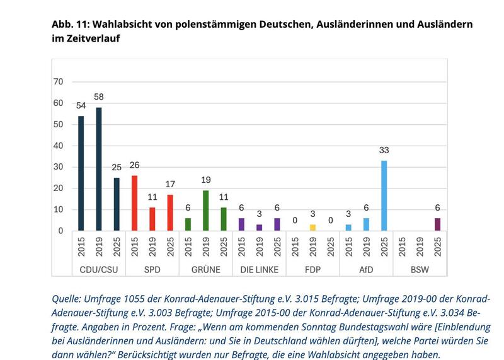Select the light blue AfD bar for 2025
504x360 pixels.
(x=384, y=195)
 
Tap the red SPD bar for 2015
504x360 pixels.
(x=134, y=202)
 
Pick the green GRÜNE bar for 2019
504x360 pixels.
(x=205, y=210)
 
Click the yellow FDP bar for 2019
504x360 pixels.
(x=312, y=227)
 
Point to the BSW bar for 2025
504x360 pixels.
(x=437, y=224)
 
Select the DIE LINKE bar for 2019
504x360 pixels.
(x=259, y=227)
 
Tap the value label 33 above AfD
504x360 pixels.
(x=384, y=151)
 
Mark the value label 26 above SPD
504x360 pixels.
(x=134, y=165)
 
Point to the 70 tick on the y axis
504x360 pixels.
(x=59, y=82)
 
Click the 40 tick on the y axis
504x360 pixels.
(x=59, y=146)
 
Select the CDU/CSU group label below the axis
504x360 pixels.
(x=98, y=269)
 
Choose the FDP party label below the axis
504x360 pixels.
(x=312, y=269)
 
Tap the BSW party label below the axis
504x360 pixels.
(x=419, y=269)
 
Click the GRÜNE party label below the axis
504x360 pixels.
(x=205, y=269)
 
